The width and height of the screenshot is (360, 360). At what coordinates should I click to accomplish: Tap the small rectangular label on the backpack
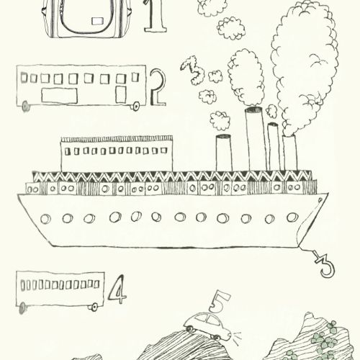[x=97, y=21]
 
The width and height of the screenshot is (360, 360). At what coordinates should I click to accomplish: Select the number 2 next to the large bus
[x=158, y=88]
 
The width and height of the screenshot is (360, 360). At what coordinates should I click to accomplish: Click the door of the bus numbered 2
[x=121, y=94]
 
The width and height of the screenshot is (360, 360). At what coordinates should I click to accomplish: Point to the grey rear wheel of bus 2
[x=25, y=107]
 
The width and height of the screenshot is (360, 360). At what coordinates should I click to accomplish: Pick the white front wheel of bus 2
[x=135, y=106]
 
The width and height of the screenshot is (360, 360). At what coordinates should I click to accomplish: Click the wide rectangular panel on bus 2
[x=59, y=96]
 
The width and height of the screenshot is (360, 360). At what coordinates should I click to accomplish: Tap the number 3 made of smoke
[x=192, y=70]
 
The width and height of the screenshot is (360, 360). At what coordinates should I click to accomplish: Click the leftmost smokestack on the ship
[x=224, y=153]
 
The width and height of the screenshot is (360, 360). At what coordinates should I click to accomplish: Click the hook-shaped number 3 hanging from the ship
[x=325, y=265]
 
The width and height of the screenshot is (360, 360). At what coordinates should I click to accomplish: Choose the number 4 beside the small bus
[x=117, y=289]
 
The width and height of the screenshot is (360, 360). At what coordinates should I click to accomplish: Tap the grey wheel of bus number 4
[x=22, y=308]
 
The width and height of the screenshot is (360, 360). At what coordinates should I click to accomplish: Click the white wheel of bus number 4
[x=94, y=307]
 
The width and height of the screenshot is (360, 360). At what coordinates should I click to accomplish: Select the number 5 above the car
[x=219, y=302]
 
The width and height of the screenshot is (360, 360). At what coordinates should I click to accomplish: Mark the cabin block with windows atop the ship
[x=117, y=154]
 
